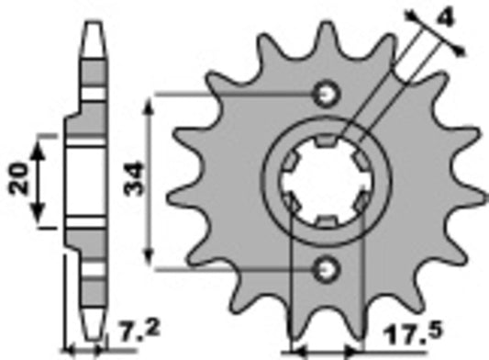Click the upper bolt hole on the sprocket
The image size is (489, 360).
point(325,94)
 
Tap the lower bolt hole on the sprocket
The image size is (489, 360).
point(325,268)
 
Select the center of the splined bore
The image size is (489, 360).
point(325,181)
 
